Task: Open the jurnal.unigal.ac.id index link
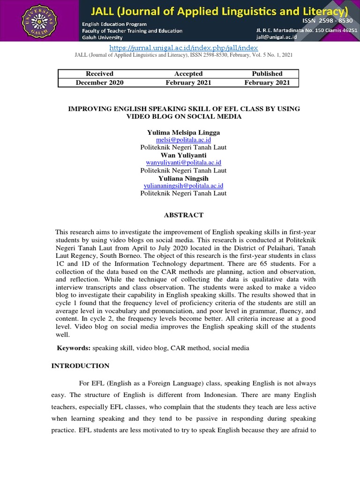[184, 48]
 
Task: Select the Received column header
[99, 74]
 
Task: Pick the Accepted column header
[188, 74]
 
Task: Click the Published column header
[267, 74]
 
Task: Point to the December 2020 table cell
[99, 82]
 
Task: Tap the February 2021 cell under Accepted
[188, 82]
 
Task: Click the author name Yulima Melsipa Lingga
[184, 133]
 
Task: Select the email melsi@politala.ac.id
[184, 140]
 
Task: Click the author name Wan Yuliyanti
[184, 155]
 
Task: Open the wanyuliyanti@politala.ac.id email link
[184, 163]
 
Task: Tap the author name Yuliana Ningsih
[184, 178]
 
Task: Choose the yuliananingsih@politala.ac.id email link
[184, 186]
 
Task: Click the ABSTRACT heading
[184, 215]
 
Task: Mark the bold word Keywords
[74, 348]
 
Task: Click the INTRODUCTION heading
[80, 366]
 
